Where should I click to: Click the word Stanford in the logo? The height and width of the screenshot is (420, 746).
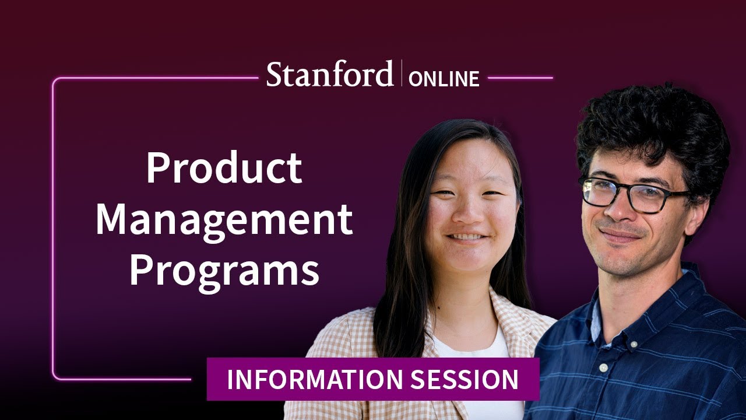(x=330, y=75)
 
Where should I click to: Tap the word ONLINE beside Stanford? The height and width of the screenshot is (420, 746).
(x=444, y=79)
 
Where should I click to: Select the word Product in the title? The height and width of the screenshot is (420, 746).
(x=224, y=168)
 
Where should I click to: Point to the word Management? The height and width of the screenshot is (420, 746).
(x=224, y=220)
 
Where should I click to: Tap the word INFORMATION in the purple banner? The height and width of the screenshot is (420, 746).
(x=315, y=379)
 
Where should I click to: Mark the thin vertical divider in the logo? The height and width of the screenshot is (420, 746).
(x=402, y=73)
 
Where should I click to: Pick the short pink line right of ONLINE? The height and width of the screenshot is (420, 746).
(x=520, y=78)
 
